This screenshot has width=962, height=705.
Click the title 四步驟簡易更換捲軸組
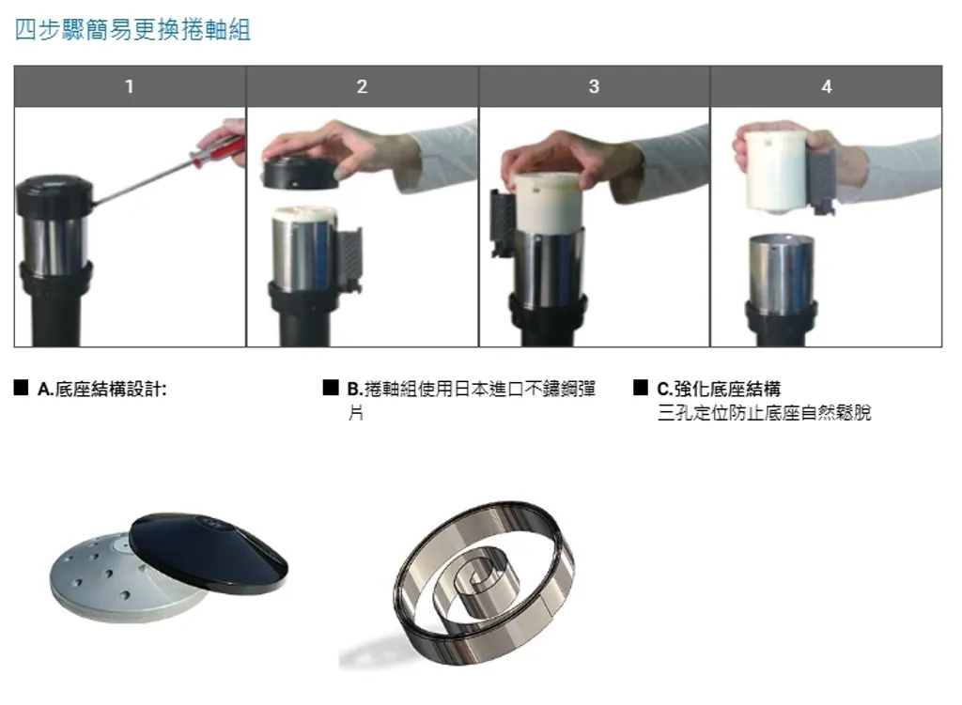[132, 29]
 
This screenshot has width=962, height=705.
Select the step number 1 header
[130, 86]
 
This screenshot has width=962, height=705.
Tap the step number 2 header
[362, 86]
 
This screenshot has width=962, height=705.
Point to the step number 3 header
[594, 86]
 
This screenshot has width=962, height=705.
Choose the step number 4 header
[827, 86]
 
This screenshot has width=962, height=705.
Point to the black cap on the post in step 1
[54, 193]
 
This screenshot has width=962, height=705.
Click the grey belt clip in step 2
[348, 257]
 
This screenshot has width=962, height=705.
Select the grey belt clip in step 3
[503, 222]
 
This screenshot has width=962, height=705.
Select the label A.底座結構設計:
[101, 390]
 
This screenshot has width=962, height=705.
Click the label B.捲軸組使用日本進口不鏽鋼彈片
[472, 400]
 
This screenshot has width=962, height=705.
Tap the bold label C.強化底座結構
[719, 389]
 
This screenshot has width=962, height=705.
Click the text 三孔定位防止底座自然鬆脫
[764, 412]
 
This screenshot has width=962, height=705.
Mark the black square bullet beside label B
[331, 388]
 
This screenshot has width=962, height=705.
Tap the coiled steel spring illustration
[485, 581]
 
